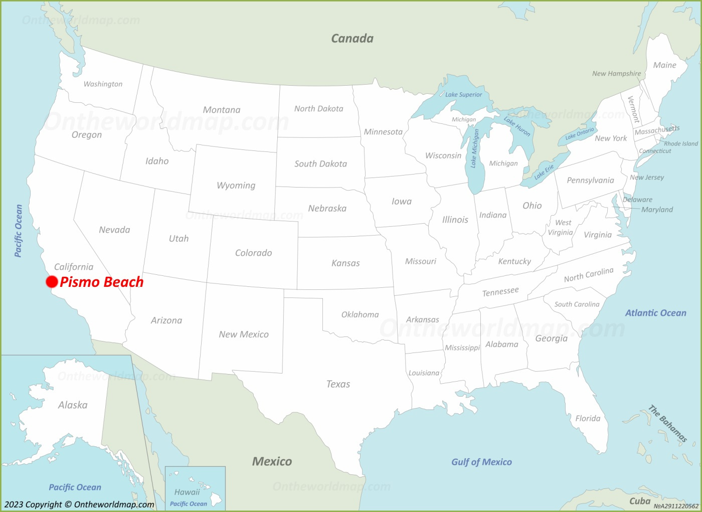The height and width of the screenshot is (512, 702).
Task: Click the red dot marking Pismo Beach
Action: point(52,282)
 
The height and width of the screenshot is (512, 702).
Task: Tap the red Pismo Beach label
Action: point(102,282)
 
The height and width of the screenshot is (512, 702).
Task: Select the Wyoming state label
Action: point(236,186)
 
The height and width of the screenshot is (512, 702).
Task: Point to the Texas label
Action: point(338,384)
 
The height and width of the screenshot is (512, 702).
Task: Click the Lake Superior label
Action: point(463,94)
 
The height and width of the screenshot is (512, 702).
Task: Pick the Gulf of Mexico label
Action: point(481,462)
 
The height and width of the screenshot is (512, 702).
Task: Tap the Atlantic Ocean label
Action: point(655,313)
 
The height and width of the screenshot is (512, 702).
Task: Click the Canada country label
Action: point(352,39)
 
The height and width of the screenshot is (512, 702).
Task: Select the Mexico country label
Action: point(272,461)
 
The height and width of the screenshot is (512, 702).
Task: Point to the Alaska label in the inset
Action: point(73,405)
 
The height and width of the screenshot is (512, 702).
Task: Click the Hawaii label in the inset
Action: point(187,492)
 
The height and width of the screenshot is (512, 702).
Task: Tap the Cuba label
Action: point(640,501)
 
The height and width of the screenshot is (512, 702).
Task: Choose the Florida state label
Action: point(588,418)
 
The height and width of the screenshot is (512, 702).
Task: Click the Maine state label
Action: point(664,65)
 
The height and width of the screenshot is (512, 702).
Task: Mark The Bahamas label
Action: point(667,424)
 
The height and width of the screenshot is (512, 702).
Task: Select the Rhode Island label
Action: point(680,143)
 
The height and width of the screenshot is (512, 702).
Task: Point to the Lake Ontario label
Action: point(580,133)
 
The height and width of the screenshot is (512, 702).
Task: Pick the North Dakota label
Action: point(318,109)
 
